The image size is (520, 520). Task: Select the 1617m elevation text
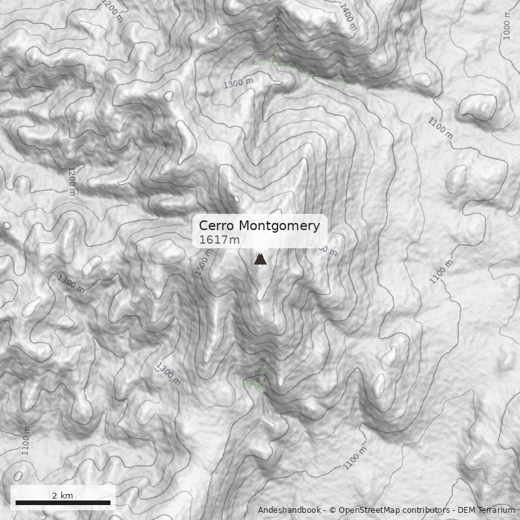tap(219, 240)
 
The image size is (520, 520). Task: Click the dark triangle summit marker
tap(260, 260)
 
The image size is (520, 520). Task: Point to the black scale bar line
tap(62, 502)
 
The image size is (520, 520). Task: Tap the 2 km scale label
tap(62, 495)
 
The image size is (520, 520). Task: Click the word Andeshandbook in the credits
tap(290, 510)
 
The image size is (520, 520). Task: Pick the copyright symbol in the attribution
tap(332, 510)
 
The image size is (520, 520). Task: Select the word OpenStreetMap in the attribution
tap(369, 510)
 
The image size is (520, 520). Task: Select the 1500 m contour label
tap(204, 263)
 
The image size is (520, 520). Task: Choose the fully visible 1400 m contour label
tap(348, 16)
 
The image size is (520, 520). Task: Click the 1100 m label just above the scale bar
tap(26, 440)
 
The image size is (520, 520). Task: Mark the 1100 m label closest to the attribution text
tap(355, 457)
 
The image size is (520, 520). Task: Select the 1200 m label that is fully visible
tap(72, 181)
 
